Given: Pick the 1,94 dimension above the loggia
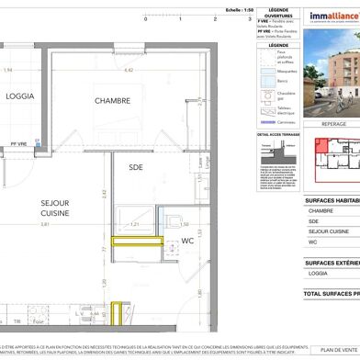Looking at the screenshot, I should pyautogui.click(x=7, y=70).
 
